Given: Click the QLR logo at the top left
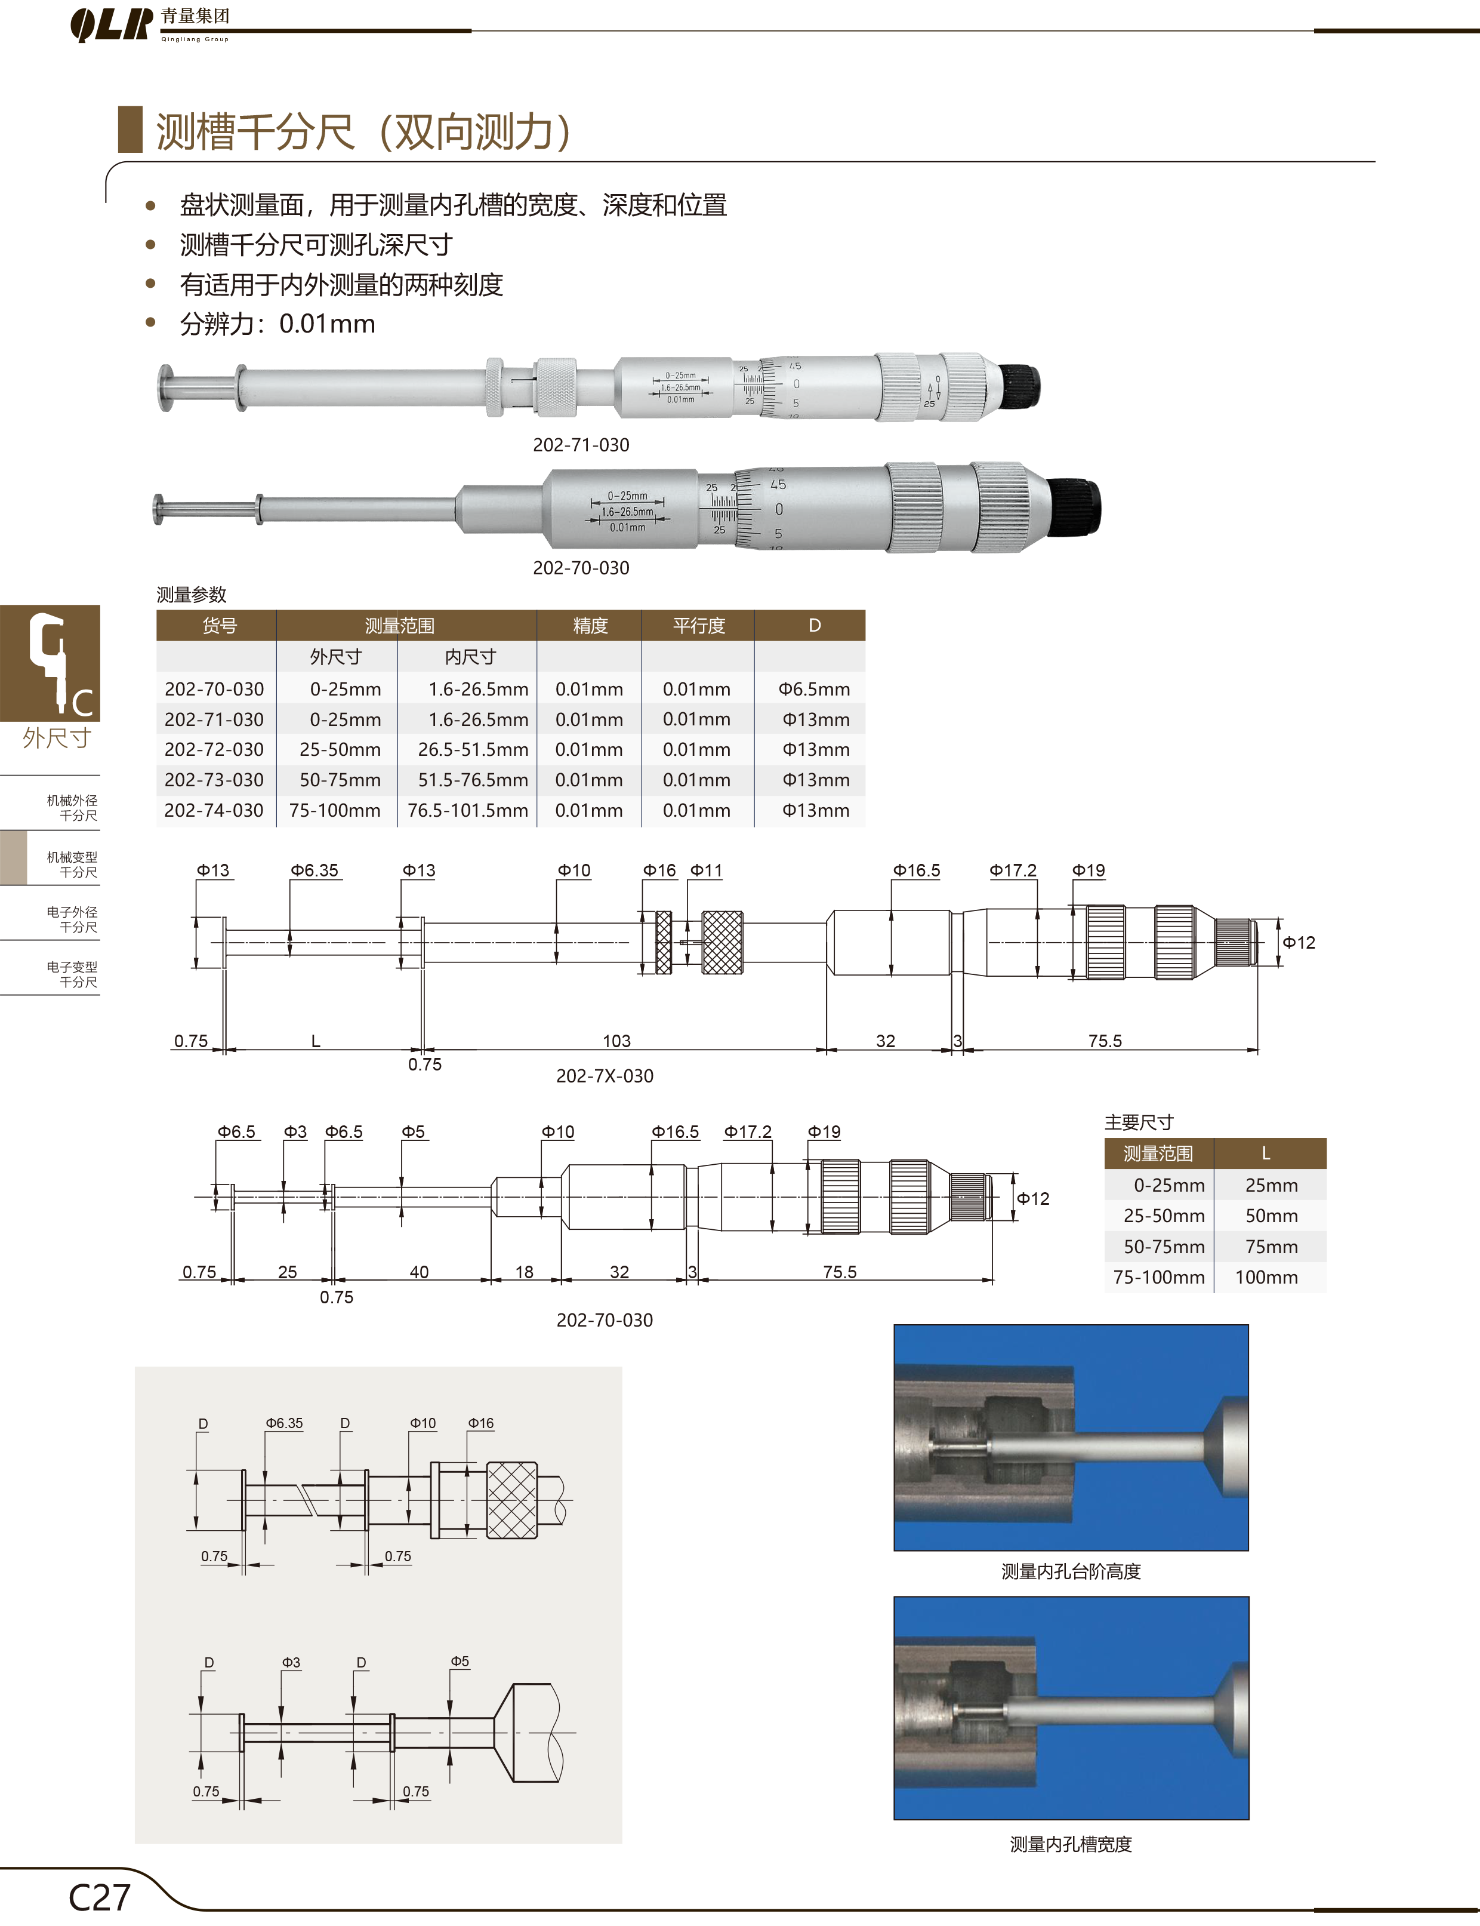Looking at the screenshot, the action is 111,24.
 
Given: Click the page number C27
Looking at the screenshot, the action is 100,1897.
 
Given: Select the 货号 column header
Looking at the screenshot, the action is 220,626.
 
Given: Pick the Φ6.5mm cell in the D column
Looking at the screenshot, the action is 814,689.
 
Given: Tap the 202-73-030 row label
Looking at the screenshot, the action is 214,780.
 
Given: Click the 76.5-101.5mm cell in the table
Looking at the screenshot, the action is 468,811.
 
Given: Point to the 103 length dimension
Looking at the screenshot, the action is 616,1041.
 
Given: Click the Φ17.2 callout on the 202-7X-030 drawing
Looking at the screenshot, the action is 1013,870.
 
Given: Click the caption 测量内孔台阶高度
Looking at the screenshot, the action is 1071,1571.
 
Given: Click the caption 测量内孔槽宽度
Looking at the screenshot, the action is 1071,1844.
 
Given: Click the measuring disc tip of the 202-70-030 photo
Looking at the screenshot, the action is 159,509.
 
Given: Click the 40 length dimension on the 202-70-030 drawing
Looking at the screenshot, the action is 420,1272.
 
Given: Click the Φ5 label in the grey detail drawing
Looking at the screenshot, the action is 461,1661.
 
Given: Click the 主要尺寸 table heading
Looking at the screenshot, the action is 1139,1122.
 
